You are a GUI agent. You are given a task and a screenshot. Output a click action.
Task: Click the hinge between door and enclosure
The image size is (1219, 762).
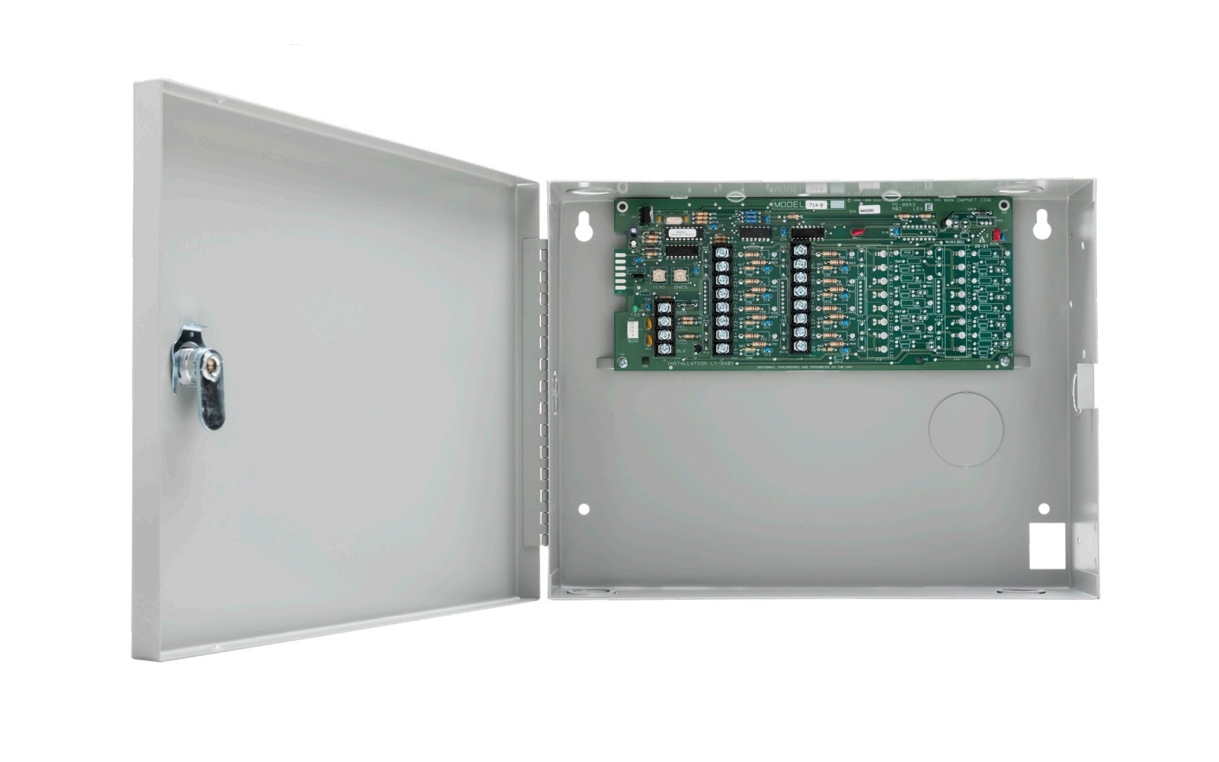[544, 389]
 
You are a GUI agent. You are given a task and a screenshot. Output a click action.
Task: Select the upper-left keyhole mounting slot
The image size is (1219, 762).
[584, 227]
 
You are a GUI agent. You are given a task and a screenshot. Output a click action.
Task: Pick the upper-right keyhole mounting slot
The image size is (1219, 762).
[1041, 226]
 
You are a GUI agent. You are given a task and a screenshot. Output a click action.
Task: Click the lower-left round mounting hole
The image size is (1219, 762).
[584, 509]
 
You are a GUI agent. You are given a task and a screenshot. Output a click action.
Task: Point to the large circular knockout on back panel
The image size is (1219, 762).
[965, 429]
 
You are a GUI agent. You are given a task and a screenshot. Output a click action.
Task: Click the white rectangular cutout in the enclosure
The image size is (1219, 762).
[1046, 545]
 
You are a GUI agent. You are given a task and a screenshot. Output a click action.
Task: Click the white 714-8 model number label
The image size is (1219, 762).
[816, 206]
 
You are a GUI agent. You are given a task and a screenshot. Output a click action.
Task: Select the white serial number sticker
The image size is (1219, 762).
[869, 209]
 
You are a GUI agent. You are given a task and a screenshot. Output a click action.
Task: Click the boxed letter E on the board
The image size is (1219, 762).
[928, 208]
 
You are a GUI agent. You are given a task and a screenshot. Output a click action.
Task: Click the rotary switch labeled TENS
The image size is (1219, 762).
[658, 276]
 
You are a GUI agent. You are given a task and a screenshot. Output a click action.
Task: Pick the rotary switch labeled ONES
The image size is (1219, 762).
[680, 276]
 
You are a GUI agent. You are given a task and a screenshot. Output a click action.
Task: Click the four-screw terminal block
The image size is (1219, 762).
[664, 328]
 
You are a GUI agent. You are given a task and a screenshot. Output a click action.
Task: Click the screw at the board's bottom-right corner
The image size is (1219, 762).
[1006, 362]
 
